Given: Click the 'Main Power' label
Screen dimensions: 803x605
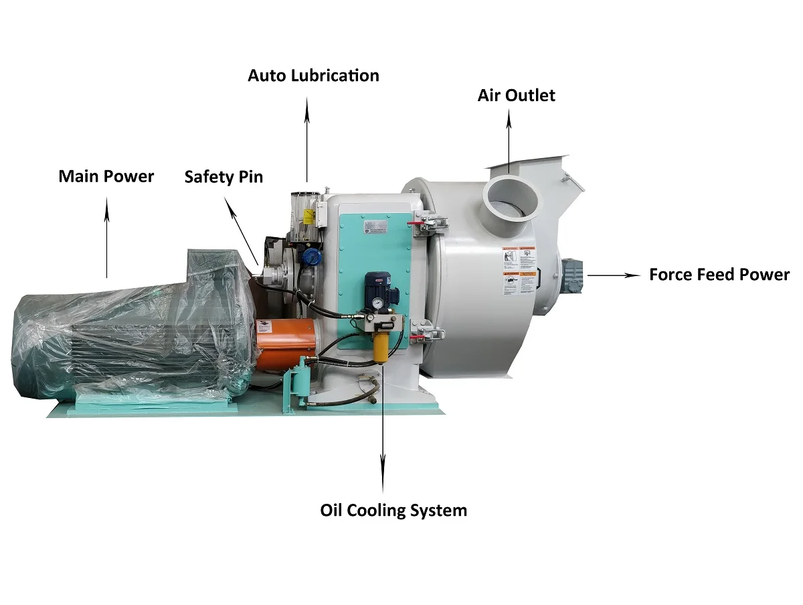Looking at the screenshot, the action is point(106,176).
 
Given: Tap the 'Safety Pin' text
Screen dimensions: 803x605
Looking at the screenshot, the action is point(224,177).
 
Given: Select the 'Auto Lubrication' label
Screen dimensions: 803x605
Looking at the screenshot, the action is point(313,75).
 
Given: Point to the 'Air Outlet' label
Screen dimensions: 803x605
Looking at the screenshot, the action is point(516,95).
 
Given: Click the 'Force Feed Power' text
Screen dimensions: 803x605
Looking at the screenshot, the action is point(719,274).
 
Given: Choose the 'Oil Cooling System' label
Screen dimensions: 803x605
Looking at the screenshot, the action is point(393,510).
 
